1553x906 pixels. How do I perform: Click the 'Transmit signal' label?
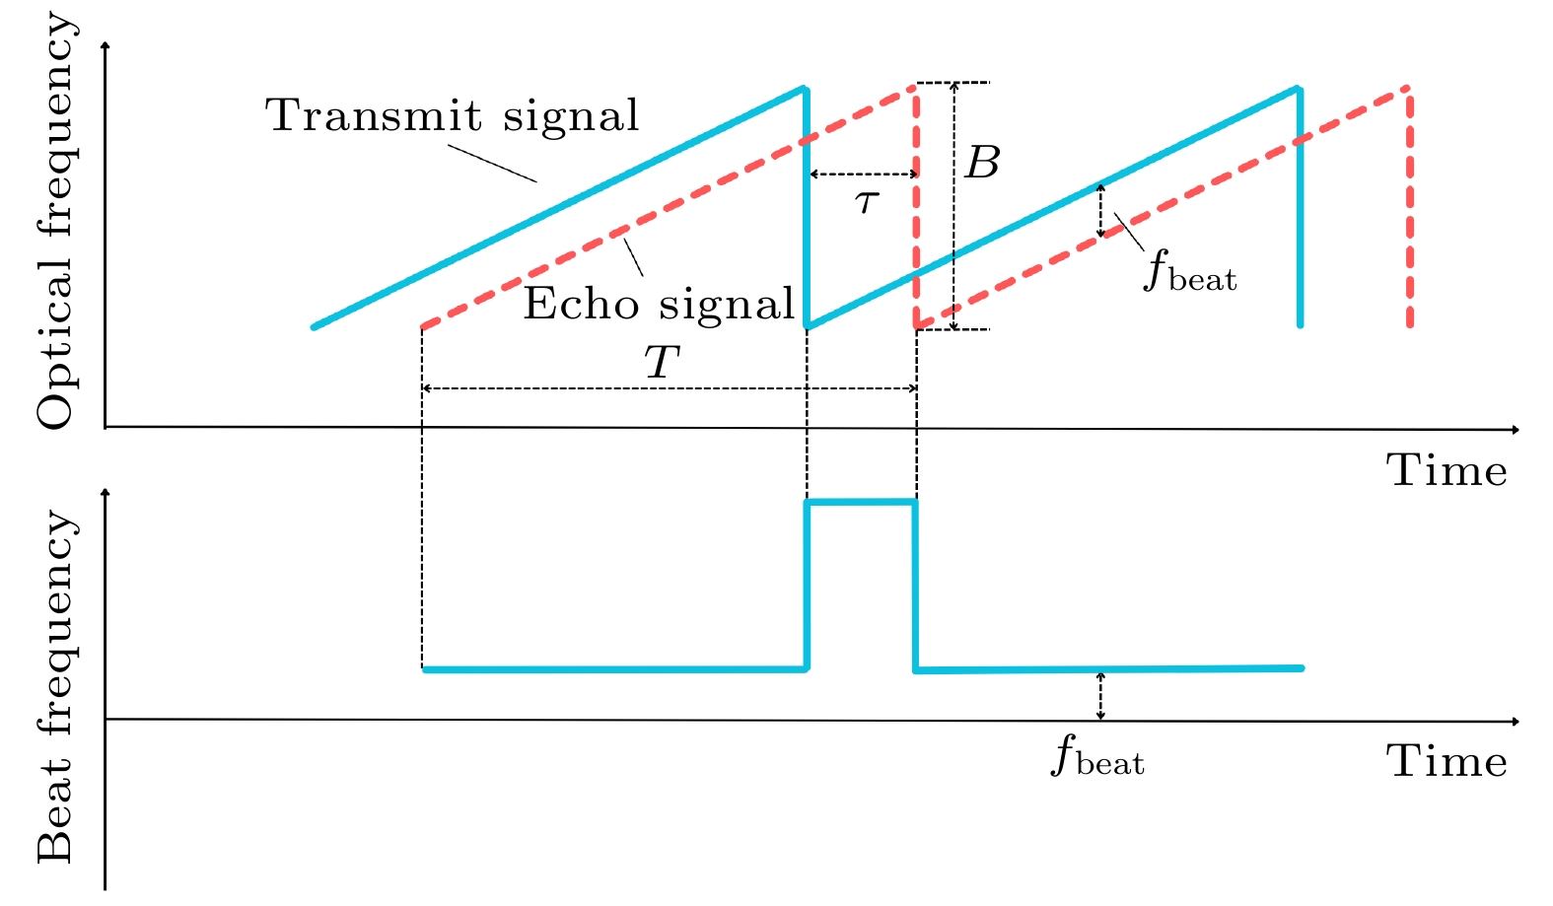click(453, 116)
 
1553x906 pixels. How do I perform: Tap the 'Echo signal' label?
click(658, 304)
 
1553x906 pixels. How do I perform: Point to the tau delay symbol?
click(867, 202)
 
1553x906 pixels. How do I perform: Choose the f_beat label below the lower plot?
click(1097, 758)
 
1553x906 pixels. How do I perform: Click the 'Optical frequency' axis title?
click(56, 222)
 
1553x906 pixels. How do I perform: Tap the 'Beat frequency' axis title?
click(56, 686)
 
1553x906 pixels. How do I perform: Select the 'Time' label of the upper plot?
click(1447, 471)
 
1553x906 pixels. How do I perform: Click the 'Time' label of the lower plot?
click(1447, 762)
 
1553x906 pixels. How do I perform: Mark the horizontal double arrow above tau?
click(864, 174)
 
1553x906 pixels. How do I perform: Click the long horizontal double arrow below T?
click(670, 389)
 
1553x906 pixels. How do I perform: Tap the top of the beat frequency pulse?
click(862, 503)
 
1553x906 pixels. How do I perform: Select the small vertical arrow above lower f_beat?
click(1100, 696)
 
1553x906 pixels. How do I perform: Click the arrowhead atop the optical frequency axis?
click(105, 44)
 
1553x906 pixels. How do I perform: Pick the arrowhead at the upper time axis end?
click(1515, 430)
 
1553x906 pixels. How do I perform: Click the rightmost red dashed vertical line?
click(1409, 207)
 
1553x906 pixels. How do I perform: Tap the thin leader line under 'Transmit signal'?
click(492, 164)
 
